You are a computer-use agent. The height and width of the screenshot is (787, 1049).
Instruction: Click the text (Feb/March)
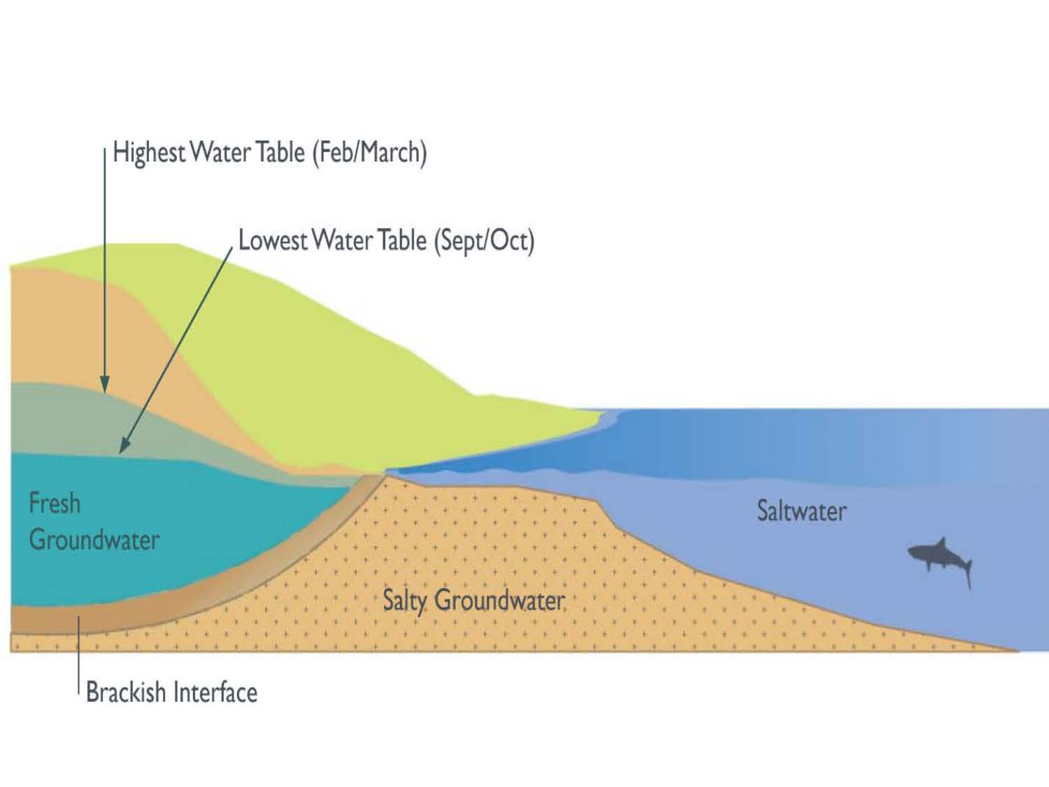(369, 153)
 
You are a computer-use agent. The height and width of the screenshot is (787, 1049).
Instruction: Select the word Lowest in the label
(273, 241)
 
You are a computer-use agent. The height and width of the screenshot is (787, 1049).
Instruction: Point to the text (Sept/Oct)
(484, 241)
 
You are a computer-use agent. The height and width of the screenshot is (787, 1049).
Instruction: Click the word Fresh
(55, 504)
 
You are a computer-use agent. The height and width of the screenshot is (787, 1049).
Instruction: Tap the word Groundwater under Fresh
(94, 540)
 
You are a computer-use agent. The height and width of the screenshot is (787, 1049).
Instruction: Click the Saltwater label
(801, 511)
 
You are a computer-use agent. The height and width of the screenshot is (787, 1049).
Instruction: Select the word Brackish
(126, 693)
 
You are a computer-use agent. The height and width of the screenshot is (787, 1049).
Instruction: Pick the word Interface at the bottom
(215, 693)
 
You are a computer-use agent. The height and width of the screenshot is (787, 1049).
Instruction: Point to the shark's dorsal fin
(941, 543)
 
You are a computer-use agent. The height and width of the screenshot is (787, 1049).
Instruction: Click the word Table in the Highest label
(280, 153)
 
